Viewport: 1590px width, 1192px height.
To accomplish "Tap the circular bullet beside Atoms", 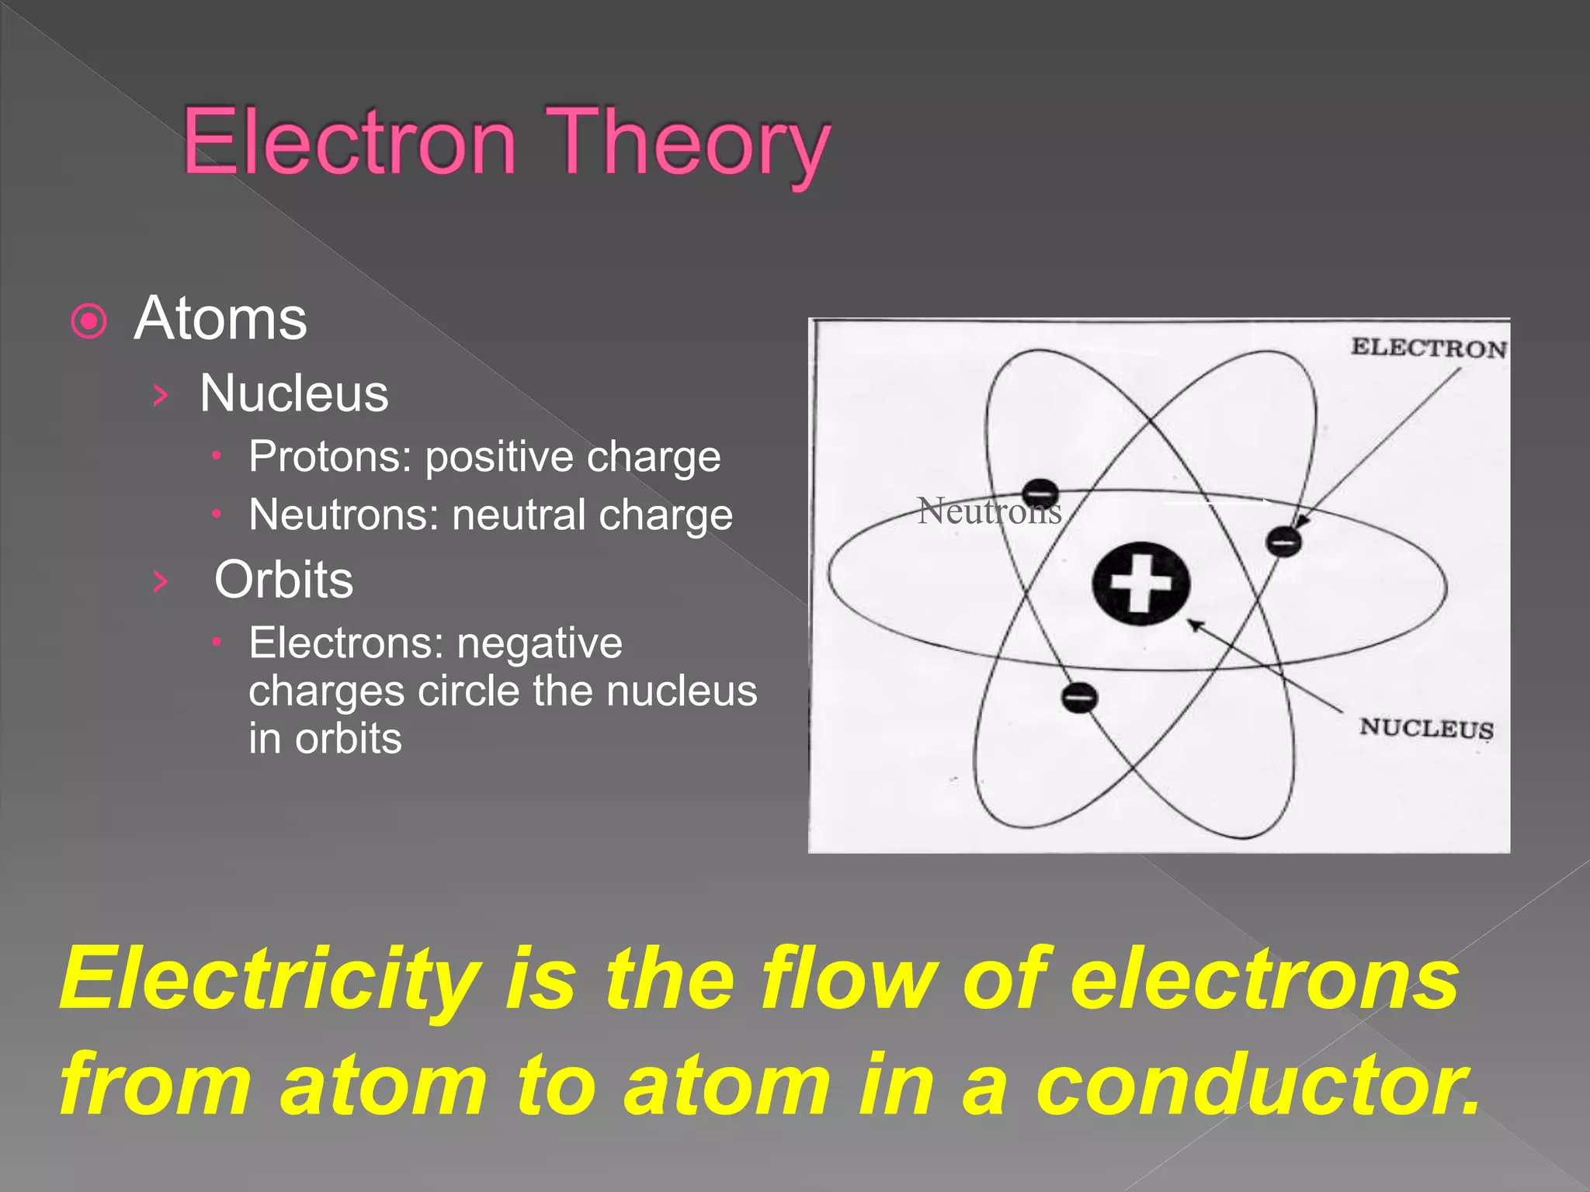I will [x=89, y=321].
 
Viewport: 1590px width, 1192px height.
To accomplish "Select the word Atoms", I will [x=220, y=318].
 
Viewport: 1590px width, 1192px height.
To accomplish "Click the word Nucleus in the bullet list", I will [x=293, y=393].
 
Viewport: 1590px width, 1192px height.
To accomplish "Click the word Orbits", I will [x=283, y=580].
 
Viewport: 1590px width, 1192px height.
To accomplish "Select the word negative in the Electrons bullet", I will [x=540, y=643].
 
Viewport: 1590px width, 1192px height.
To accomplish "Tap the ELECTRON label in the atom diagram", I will [x=1428, y=348].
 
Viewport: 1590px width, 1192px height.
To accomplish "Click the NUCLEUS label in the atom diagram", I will [x=1426, y=728].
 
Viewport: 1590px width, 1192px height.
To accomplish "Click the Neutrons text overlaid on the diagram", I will [x=988, y=511].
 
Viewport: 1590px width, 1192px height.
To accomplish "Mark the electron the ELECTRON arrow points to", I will [x=1284, y=541].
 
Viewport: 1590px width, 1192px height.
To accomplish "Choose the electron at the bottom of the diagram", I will [x=1079, y=696].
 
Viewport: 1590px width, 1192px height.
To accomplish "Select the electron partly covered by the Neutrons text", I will [x=1040, y=493].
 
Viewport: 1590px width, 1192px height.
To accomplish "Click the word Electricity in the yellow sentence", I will [x=270, y=979].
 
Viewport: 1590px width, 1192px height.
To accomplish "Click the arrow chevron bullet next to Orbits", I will [x=161, y=580].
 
